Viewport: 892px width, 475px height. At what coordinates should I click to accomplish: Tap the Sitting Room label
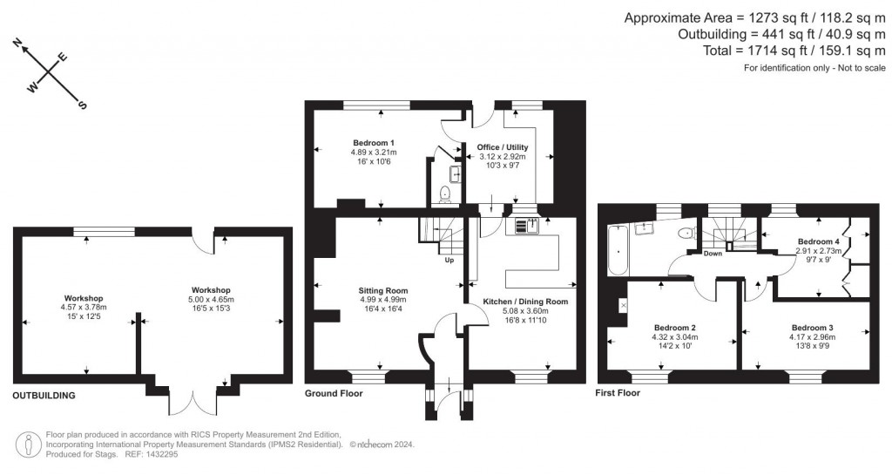(383, 290)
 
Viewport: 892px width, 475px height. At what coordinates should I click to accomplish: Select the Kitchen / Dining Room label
(525, 302)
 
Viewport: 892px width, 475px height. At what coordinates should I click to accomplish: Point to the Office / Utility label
(503, 147)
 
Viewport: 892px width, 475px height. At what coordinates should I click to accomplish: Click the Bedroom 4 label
(818, 241)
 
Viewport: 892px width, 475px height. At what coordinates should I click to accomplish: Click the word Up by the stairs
(449, 260)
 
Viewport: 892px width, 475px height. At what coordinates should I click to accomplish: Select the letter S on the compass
(83, 105)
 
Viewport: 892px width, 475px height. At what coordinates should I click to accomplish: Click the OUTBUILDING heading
(44, 395)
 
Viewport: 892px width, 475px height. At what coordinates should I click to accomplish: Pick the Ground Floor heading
(334, 393)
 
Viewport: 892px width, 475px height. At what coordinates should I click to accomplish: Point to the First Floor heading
(618, 393)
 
